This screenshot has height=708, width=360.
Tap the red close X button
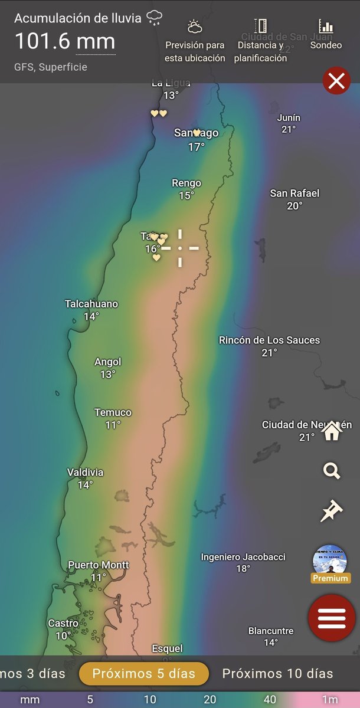click(x=336, y=81)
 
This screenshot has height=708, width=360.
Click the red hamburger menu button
click(x=332, y=618)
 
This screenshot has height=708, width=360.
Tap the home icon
click(x=332, y=431)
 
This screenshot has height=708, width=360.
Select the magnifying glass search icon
click(x=332, y=471)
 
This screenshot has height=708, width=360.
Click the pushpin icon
click(x=331, y=511)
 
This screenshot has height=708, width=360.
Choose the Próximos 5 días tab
click(x=144, y=673)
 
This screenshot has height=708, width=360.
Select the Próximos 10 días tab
click(x=277, y=673)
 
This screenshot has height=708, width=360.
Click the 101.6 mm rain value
click(x=65, y=42)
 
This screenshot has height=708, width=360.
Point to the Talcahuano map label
click(x=91, y=304)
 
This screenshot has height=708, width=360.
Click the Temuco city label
click(x=113, y=412)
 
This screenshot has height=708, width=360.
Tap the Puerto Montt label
click(x=99, y=565)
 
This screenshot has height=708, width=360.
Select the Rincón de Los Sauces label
click(x=269, y=340)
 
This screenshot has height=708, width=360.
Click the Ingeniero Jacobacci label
click(x=243, y=557)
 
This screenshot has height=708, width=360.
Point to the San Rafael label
click(x=294, y=193)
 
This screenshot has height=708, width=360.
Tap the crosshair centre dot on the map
click(x=180, y=248)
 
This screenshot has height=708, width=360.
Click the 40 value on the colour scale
click(x=270, y=700)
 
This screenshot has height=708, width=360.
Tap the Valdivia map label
click(x=85, y=472)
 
